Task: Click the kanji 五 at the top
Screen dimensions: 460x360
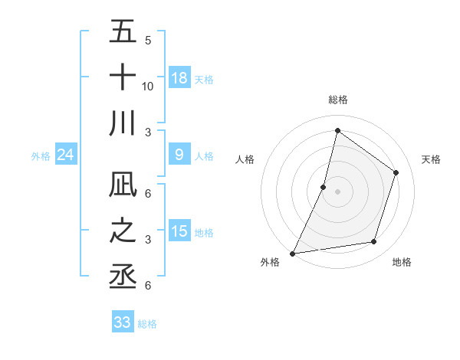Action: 123,33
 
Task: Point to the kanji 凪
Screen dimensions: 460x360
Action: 123,186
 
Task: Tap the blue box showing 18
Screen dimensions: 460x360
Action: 179,78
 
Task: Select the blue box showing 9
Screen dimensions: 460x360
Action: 179,155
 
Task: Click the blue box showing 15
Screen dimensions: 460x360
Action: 179,232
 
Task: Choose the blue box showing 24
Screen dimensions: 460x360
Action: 65,155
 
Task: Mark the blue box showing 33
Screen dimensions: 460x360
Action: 123,322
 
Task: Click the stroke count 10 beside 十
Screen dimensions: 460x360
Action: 148,86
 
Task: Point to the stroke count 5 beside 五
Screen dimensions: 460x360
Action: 148,41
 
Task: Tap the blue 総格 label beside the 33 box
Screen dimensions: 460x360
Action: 148,324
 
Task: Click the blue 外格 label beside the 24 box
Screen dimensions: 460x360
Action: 41,156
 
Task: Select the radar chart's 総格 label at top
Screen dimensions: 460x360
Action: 338,100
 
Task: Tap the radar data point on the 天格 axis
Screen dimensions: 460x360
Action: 396,172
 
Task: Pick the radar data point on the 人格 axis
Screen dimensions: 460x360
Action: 324,187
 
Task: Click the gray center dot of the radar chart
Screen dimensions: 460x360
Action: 338,191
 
